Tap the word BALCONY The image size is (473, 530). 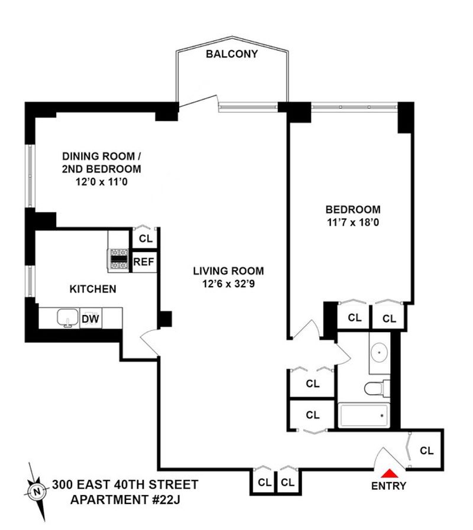tap(232, 54)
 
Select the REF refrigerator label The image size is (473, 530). tap(144, 262)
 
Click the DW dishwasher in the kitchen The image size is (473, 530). tap(90, 318)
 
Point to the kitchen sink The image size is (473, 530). tap(68, 318)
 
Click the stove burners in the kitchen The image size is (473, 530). tap(118, 261)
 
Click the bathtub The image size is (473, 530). tap(364, 415)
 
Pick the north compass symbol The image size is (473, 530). tap(37, 492)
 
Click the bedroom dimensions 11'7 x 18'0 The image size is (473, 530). tap(353, 223)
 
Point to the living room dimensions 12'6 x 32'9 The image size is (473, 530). tap(228, 284)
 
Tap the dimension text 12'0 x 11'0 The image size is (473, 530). tap(102, 182)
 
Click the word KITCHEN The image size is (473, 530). tap(93, 290)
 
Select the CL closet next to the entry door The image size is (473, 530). tap(426, 451)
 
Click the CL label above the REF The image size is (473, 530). tap(146, 239)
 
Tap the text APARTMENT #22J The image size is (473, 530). tap(125, 499)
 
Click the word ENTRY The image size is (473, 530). tap(388, 486)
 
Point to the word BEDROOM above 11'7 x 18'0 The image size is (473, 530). tap(353, 210)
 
